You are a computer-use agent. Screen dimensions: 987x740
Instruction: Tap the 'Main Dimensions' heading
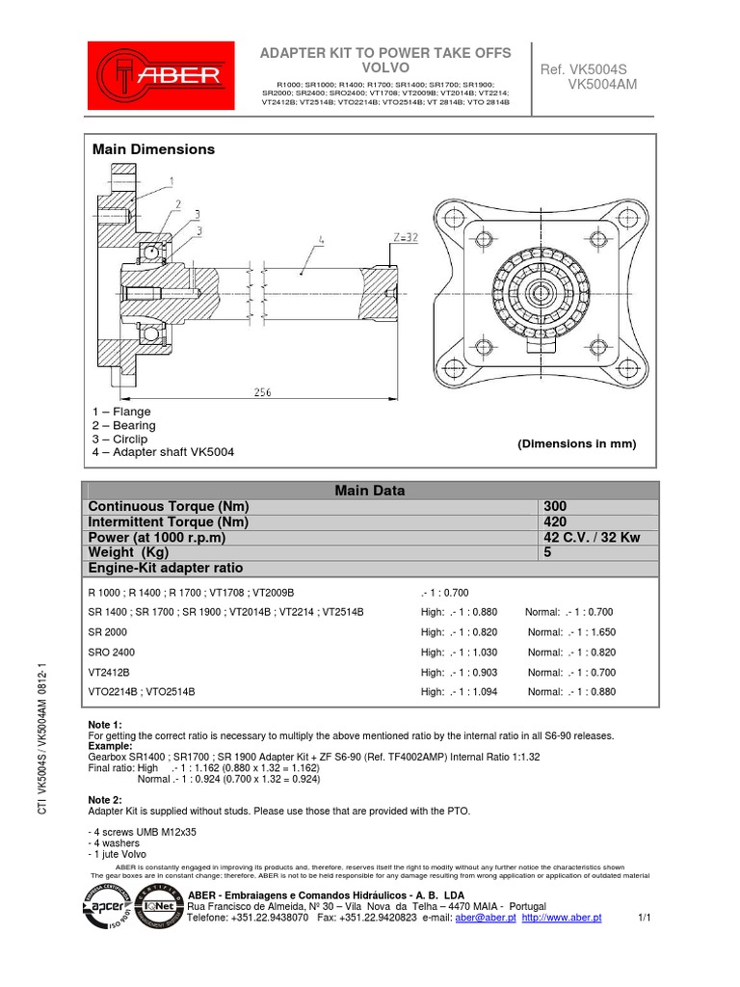coord(153,149)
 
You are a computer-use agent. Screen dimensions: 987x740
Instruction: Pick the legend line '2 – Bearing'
coord(123,425)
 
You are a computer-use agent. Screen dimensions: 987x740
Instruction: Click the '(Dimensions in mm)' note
coord(577,443)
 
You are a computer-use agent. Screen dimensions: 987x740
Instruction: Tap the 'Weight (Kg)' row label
coord(129,553)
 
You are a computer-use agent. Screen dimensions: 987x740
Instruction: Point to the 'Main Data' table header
coord(370,491)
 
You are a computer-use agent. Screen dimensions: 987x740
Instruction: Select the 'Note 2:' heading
coord(105,800)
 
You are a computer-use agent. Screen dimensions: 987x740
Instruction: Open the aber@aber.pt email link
coord(483,919)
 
